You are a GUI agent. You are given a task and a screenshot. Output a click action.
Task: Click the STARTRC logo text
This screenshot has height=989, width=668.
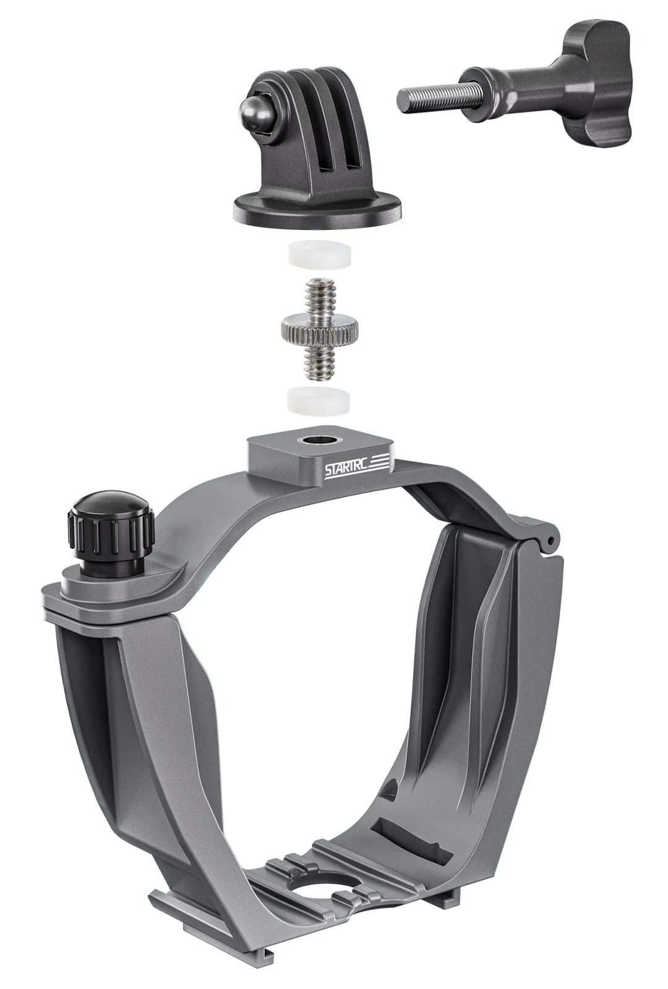tap(346, 469)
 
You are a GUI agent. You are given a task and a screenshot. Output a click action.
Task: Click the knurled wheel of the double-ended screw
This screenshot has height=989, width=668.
tap(315, 328)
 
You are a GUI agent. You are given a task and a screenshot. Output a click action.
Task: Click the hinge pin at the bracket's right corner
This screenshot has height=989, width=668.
tap(547, 540)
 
